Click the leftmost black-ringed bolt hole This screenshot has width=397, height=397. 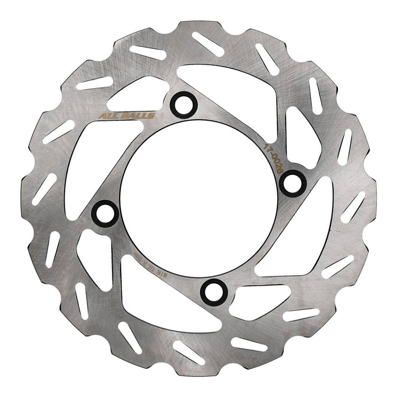tap(103, 211)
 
